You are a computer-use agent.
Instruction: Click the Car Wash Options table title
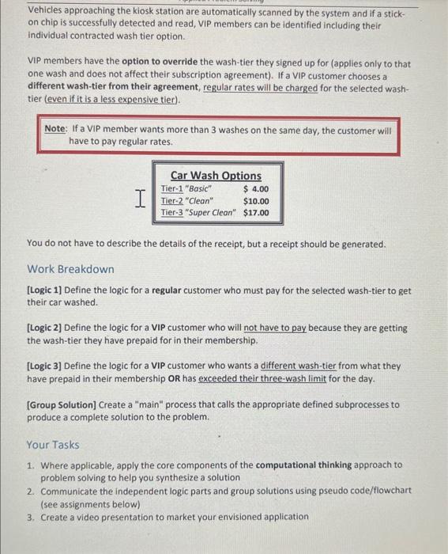pos(216,175)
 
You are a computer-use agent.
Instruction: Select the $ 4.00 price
pos(256,189)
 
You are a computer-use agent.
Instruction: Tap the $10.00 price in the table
pos(256,201)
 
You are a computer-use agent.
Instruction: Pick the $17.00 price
pos(256,212)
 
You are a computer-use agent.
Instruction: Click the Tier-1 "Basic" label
pos(186,189)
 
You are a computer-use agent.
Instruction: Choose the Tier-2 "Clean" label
pos(187,201)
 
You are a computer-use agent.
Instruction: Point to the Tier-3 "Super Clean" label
pos(198,212)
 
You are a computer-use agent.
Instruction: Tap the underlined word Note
pos(55,128)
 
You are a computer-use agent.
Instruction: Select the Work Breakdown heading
pos(70,269)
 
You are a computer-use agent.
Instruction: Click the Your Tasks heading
pos(53,445)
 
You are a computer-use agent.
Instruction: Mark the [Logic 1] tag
pos(45,291)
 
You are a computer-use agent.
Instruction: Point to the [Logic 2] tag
pos(45,328)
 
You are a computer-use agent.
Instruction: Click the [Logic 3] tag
pos(45,366)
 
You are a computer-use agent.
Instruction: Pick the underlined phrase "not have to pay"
pos(274,328)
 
